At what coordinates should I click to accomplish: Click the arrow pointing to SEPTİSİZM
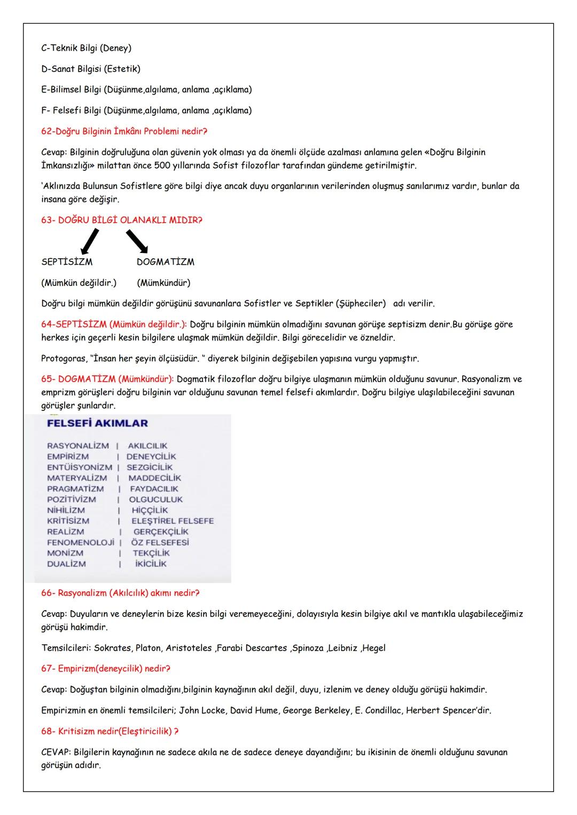(x=89, y=241)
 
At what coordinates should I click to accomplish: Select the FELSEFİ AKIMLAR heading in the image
(x=97, y=423)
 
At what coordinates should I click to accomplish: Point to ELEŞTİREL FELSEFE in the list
(x=173, y=521)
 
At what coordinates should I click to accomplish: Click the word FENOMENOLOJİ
(x=81, y=542)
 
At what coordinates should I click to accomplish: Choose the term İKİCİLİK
(x=151, y=564)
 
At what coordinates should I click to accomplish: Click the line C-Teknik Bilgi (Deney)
(x=86, y=48)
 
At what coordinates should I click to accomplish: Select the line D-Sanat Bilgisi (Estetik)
(x=91, y=69)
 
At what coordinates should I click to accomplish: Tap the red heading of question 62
(x=124, y=131)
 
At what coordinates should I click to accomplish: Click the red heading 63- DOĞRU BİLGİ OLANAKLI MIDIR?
(x=122, y=220)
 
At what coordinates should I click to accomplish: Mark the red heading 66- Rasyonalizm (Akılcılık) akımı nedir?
(x=120, y=593)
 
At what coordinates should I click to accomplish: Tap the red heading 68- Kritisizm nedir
(x=110, y=731)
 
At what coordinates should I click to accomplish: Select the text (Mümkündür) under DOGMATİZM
(x=163, y=282)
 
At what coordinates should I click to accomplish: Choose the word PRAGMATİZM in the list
(x=75, y=489)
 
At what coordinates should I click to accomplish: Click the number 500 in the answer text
(x=162, y=165)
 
